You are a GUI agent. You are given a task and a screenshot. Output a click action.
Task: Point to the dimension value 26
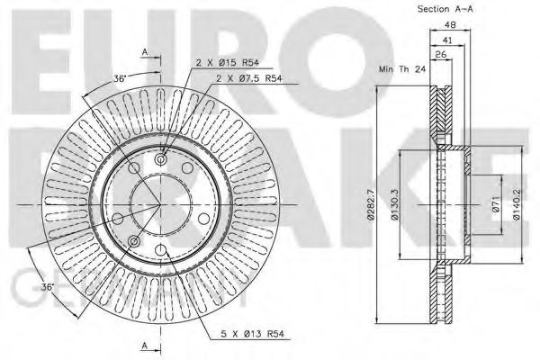(441, 56)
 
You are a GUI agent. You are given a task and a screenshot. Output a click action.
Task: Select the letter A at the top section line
(144, 51)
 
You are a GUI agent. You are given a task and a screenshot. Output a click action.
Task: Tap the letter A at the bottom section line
(144, 345)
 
